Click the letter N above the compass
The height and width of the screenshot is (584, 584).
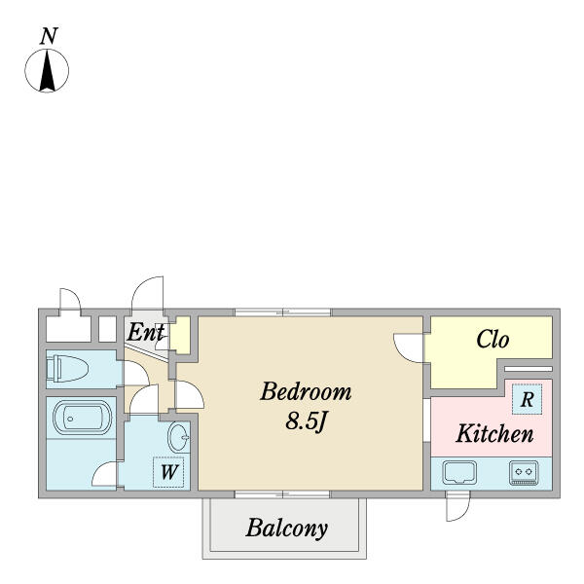[49, 37]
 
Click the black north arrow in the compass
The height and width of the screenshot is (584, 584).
[48, 71]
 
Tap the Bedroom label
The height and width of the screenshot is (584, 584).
[306, 392]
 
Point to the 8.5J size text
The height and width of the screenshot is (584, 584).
[306, 421]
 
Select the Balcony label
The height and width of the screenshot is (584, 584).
[287, 529]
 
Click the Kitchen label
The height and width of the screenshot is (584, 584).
[494, 433]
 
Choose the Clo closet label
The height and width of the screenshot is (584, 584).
[493, 340]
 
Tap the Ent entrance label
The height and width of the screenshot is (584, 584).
[146, 332]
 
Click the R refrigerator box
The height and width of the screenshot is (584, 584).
[527, 400]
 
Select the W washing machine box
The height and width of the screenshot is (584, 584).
[168, 472]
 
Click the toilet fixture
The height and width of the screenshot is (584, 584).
[67, 369]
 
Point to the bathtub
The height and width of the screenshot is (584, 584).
[83, 418]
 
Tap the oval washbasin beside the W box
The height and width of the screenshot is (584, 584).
[179, 438]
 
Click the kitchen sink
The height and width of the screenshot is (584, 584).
[459, 473]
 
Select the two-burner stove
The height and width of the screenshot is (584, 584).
[524, 473]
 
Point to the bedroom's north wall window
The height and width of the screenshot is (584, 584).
[282, 312]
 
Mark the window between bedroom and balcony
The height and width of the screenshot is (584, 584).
[282, 494]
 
